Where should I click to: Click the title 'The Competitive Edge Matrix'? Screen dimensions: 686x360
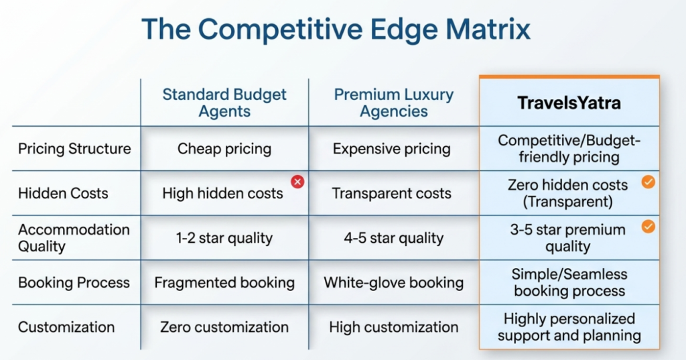pyautogui.click(x=336, y=29)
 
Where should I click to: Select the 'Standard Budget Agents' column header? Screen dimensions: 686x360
pyautogui.click(x=224, y=103)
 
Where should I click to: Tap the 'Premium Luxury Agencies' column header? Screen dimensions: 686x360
pyautogui.click(x=394, y=103)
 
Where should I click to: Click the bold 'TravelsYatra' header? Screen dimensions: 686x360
pyautogui.click(x=569, y=103)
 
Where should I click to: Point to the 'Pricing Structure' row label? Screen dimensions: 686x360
pyautogui.click(x=74, y=149)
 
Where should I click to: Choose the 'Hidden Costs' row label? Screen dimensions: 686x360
pyautogui.click(x=63, y=193)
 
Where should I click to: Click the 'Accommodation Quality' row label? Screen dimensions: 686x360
pyautogui.click(x=74, y=238)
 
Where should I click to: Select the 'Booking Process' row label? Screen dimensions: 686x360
pyautogui.click(x=74, y=282)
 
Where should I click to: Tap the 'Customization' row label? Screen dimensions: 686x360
pyautogui.click(x=66, y=327)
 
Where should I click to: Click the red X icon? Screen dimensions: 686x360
pyautogui.click(x=297, y=181)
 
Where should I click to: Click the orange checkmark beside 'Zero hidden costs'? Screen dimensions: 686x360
pyautogui.click(x=648, y=182)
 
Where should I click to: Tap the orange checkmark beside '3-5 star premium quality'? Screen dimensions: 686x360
pyautogui.click(x=648, y=227)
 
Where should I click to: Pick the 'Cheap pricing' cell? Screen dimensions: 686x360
pyautogui.click(x=224, y=149)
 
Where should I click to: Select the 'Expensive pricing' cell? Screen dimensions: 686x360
pyautogui.click(x=391, y=149)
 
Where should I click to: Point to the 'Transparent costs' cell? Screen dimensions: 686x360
pyautogui.click(x=391, y=193)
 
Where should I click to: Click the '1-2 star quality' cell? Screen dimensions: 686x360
pyautogui.click(x=224, y=238)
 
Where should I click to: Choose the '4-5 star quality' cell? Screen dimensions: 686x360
pyautogui.click(x=394, y=238)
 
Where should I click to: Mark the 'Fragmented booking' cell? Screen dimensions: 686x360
pyautogui.click(x=224, y=282)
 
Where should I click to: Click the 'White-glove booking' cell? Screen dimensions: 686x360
pyautogui.click(x=394, y=282)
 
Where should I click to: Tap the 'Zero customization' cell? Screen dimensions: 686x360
pyautogui.click(x=224, y=327)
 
